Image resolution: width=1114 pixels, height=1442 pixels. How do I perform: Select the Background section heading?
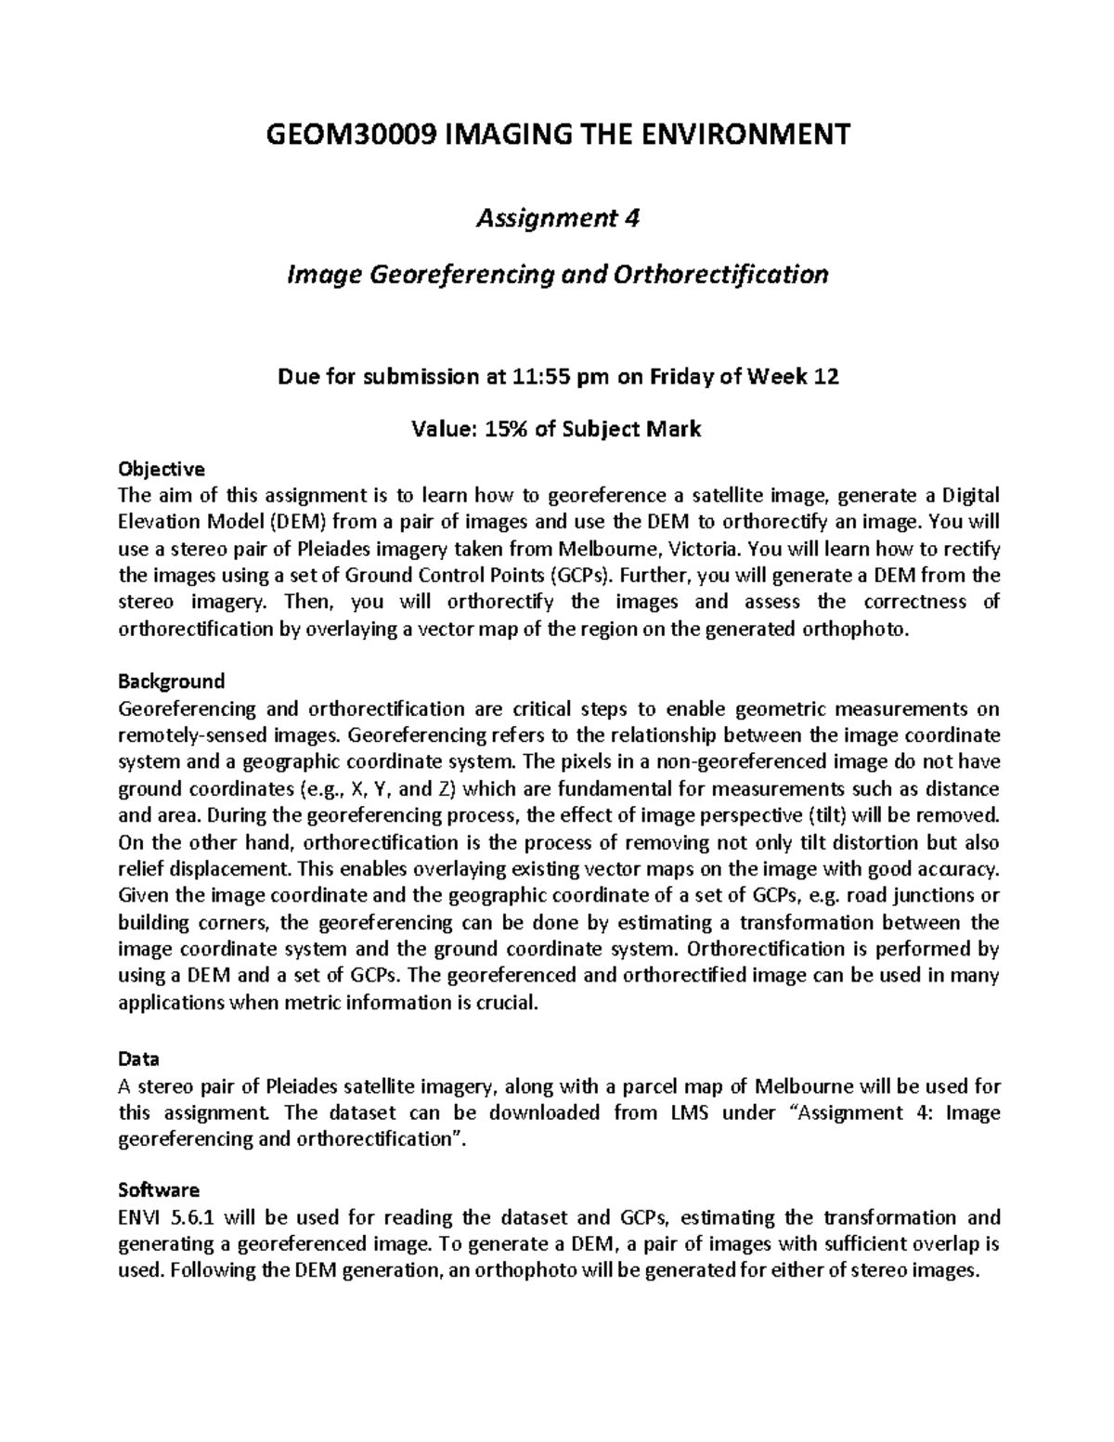(x=172, y=682)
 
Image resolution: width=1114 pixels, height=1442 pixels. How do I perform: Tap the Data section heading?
(x=138, y=1059)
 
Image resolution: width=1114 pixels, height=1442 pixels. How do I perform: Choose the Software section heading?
(x=159, y=1189)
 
